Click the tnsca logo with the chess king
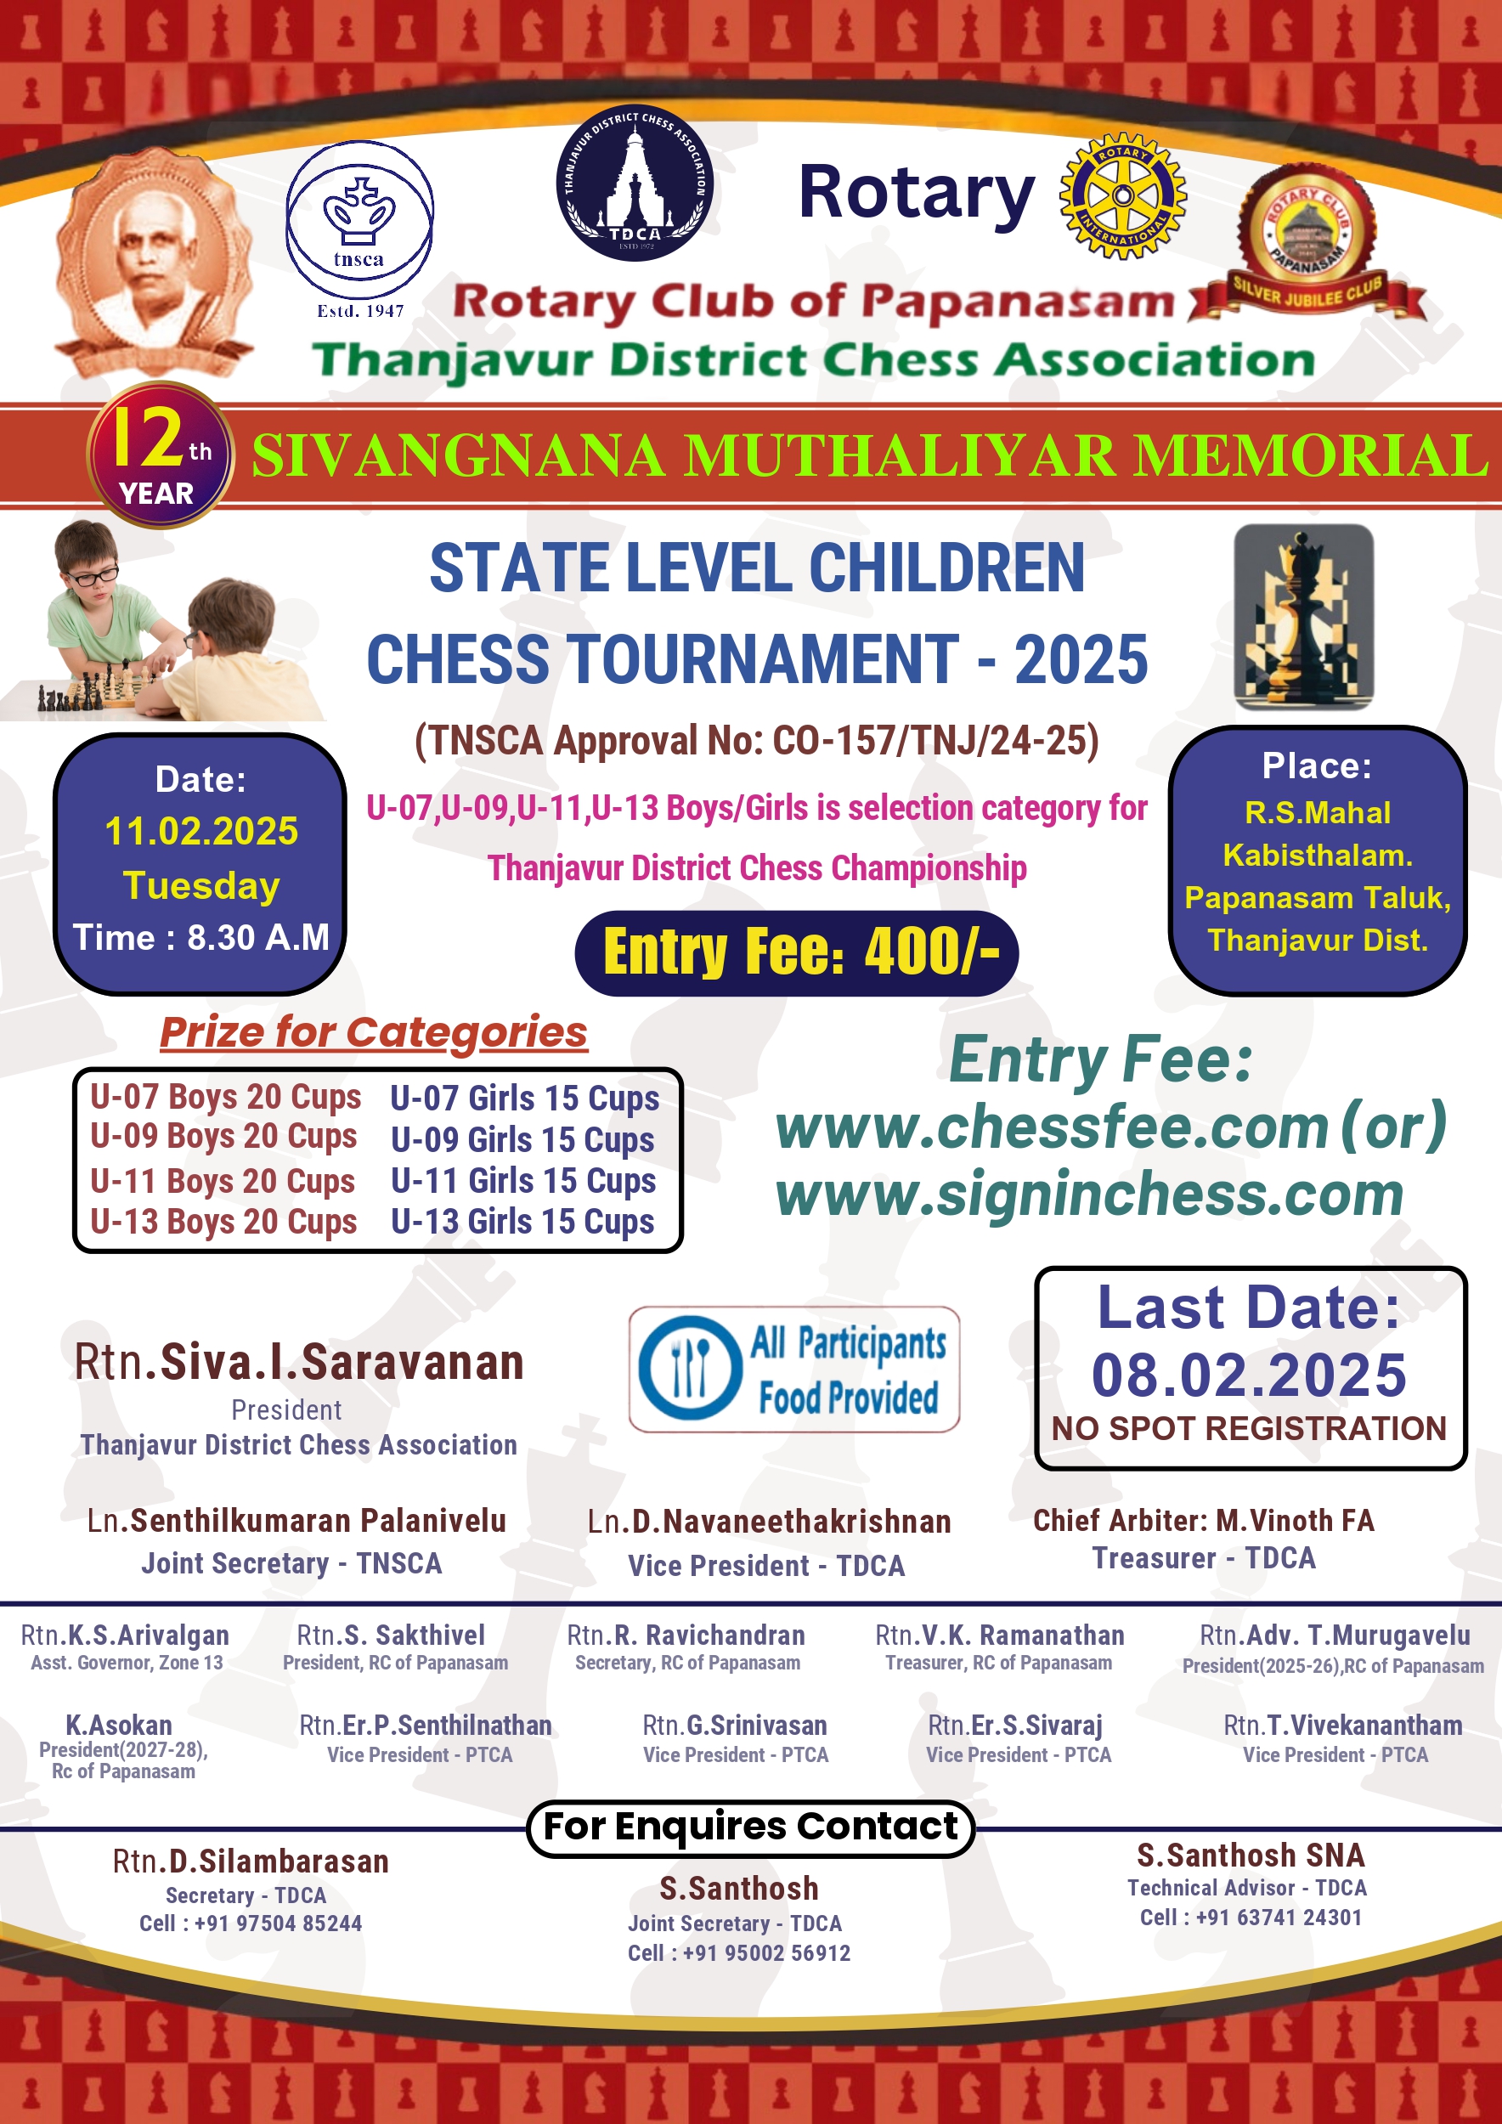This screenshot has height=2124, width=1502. click(359, 219)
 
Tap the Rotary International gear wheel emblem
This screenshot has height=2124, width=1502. click(1122, 196)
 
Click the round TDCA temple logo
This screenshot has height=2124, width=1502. click(635, 184)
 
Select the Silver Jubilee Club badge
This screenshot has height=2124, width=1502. click(1307, 243)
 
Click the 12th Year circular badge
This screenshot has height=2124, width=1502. click(159, 455)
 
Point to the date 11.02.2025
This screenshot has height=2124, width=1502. click(200, 831)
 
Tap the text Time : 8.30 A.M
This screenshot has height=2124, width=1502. click(200, 937)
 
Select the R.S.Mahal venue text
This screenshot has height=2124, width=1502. click(1317, 812)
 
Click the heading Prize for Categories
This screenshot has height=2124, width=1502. click(374, 1032)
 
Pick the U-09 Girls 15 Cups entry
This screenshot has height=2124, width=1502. click(522, 1139)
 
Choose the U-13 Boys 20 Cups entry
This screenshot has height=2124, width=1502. click(223, 1221)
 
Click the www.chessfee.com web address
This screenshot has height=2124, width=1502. click(1053, 1127)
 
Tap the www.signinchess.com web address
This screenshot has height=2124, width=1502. click(1089, 1195)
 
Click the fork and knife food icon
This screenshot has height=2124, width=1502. click(691, 1369)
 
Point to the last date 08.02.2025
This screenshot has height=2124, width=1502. click(1249, 1375)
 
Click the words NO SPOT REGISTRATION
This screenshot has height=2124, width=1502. click(1249, 1428)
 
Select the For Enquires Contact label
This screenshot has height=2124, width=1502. click(750, 1826)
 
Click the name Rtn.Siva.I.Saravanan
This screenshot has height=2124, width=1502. click(299, 1362)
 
